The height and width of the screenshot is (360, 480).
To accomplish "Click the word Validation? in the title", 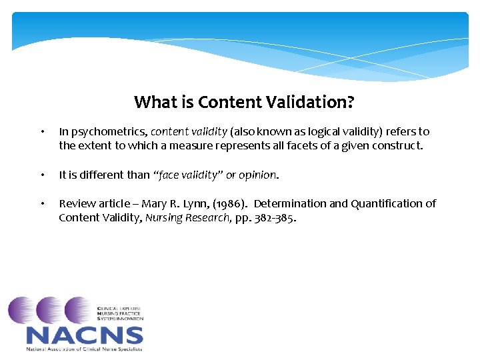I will click(316, 102).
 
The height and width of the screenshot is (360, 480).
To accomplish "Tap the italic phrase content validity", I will click(189, 132).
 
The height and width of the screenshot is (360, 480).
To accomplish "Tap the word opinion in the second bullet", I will click(257, 175).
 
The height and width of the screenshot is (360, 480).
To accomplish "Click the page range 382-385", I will click(275, 217).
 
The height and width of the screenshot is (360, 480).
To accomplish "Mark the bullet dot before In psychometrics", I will click(42, 133).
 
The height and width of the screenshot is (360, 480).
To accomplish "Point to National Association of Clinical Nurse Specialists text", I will click(84, 349).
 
